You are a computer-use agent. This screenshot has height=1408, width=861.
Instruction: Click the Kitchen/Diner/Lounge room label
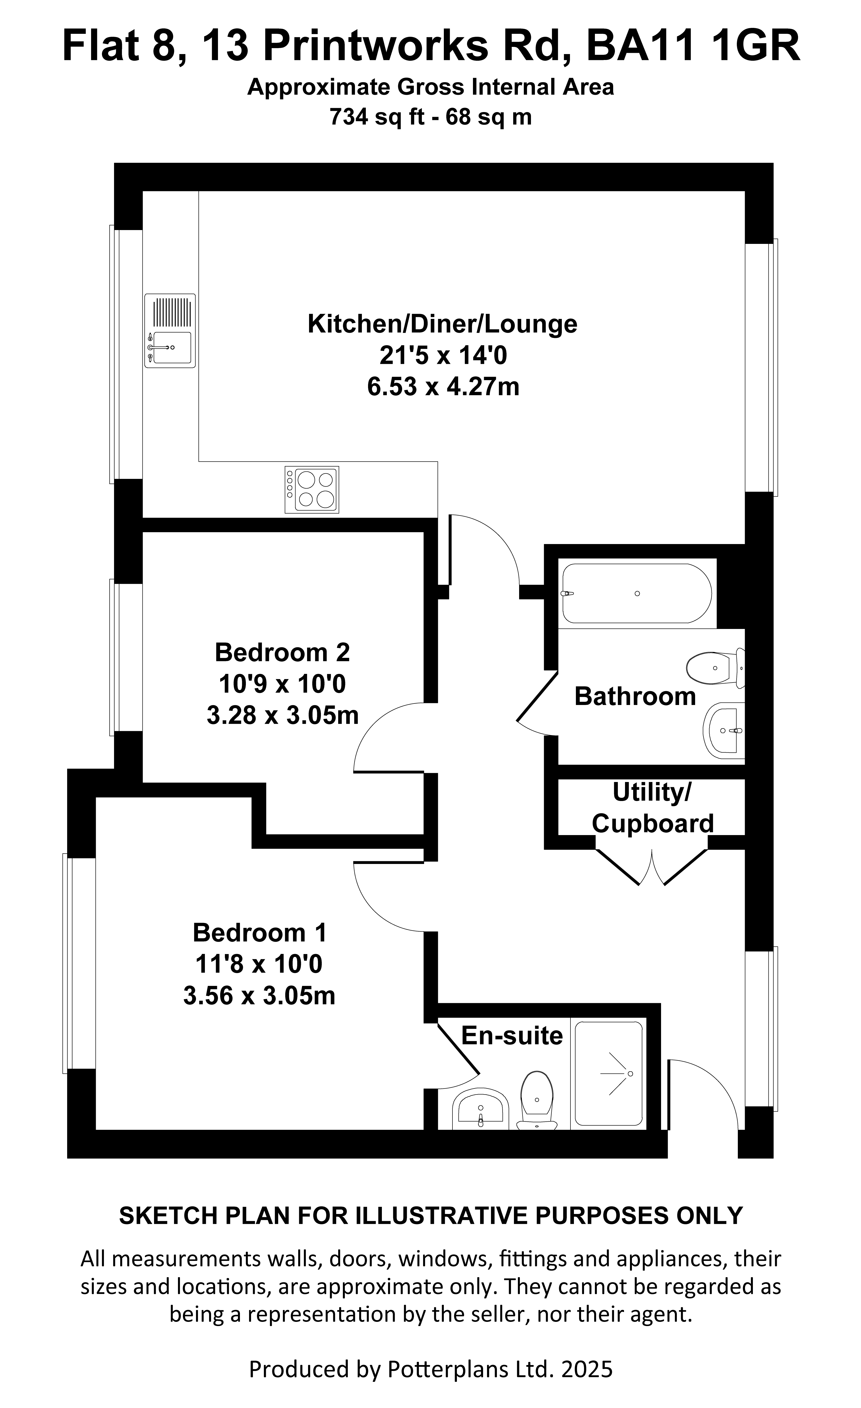click(x=442, y=324)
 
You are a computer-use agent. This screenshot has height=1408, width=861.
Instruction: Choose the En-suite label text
click(x=512, y=1036)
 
